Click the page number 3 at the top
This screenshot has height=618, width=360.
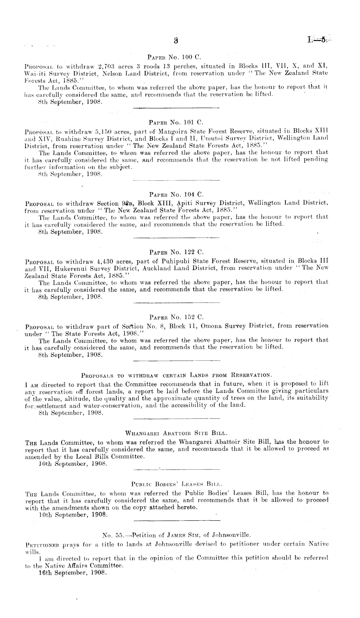point(176,41)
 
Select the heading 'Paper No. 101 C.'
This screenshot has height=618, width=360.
point(176,123)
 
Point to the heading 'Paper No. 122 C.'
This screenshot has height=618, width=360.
point(176,252)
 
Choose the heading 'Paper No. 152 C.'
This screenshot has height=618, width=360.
point(176,317)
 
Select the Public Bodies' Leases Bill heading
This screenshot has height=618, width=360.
point(176,484)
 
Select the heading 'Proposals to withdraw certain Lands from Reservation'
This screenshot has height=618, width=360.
point(176,376)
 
